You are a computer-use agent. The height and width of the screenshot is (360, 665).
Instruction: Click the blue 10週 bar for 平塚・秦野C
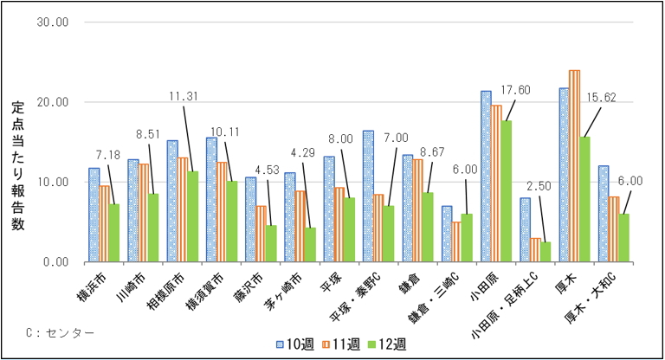coord(368,196)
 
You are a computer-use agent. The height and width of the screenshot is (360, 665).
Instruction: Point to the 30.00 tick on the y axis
coord(54,22)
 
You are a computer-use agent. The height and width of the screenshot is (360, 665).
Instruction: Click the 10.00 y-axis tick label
coord(54,182)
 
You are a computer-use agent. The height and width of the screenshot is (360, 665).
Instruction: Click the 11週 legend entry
coord(342,343)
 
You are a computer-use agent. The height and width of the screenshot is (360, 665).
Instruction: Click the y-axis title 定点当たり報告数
coord(19,165)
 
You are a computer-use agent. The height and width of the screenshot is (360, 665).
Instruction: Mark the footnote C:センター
coord(60,331)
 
